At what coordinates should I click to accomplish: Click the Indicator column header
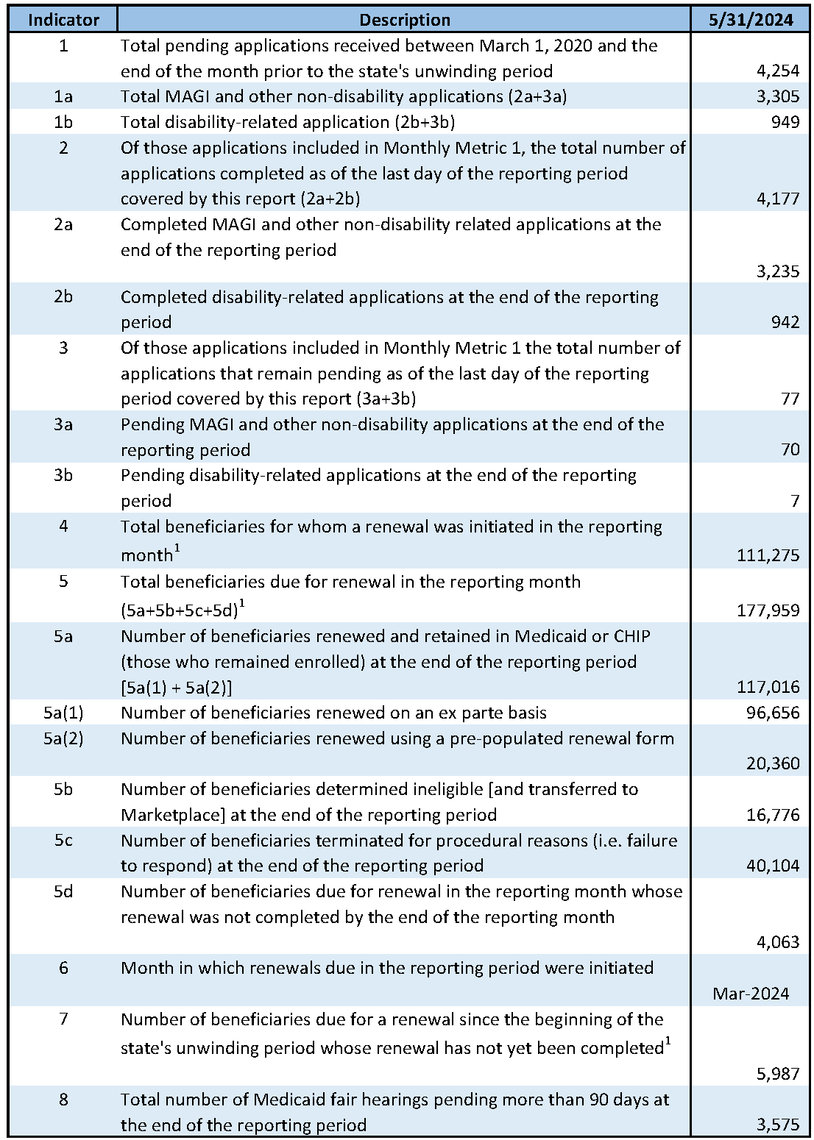(63, 20)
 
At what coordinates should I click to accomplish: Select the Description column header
(405, 20)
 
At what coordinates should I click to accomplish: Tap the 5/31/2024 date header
(751, 20)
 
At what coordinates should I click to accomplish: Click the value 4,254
(777, 71)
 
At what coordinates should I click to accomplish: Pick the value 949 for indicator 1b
(785, 122)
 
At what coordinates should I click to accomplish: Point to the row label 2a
(63, 224)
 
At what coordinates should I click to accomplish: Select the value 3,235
(777, 271)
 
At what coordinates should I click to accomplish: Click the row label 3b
(63, 475)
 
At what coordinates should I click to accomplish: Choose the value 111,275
(768, 555)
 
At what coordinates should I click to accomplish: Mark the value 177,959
(768, 610)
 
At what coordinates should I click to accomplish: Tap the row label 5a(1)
(63, 713)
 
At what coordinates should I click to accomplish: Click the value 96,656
(772, 713)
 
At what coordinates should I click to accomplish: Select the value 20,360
(772, 763)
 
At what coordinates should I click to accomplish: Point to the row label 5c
(63, 840)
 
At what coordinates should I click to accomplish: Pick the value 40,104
(772, 866)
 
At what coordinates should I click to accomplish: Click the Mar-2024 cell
(751, 994)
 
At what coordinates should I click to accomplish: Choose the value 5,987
(777, 1074)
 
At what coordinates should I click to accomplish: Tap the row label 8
(63, 1100)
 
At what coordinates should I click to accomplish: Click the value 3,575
(777, 1125)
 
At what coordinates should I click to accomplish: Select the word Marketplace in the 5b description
(169, 815)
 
